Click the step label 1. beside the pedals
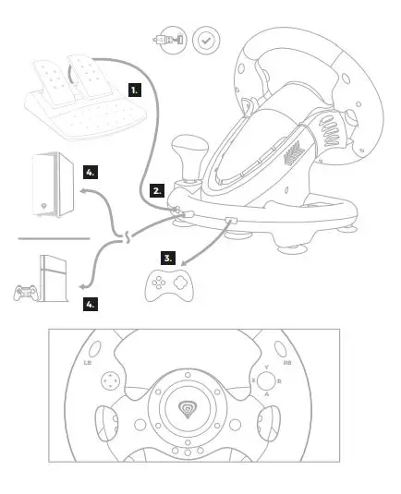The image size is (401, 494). pos(135,90)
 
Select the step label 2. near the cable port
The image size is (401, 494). pos(157,190)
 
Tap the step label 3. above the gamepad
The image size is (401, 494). pos(167,258)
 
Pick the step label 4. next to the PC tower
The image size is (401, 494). pos(90,172)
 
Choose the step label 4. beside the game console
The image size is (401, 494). pos(91,303)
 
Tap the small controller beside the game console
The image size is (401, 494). pos(21,294)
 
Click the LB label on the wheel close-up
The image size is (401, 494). pos(88,363)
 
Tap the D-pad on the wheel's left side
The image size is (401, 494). pos(110,380)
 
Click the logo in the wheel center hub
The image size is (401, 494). pos(188,406)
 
